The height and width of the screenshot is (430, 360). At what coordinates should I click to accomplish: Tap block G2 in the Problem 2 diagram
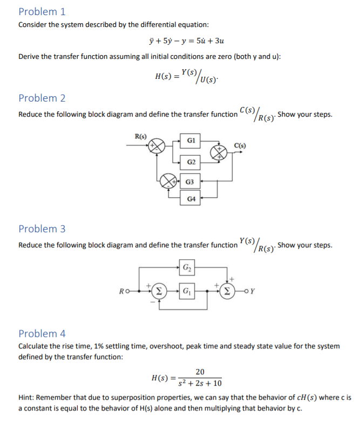click(x=191, y=161)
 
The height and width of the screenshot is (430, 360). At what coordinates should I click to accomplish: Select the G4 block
click(x=191, y=199)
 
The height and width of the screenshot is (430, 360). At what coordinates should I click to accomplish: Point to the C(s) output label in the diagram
click(x=241, y=144)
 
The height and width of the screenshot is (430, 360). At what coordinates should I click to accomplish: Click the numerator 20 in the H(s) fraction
click(x=200, y=371)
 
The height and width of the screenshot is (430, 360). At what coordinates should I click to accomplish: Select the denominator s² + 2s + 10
click(x=200, y=383)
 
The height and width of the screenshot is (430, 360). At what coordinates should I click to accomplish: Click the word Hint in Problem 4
click(x=28, y=398)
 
